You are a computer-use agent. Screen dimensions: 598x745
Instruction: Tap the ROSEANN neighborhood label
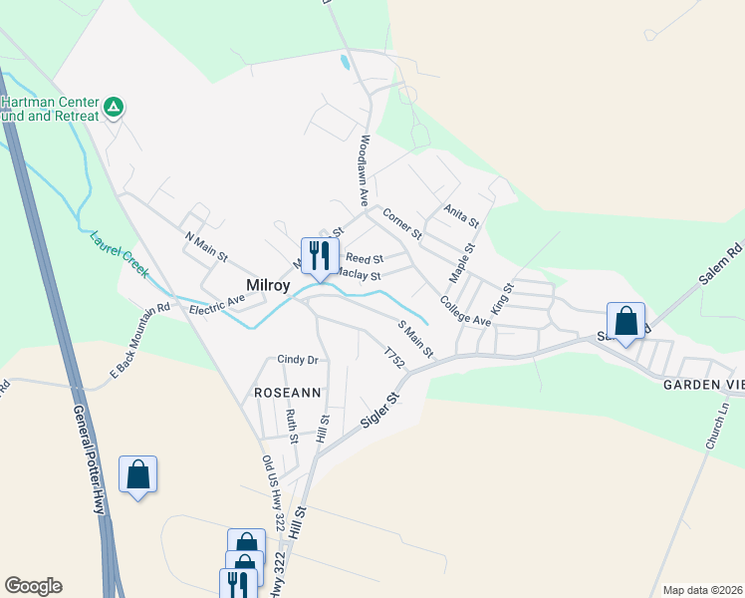288,393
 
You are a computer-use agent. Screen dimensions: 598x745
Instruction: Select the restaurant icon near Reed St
320,255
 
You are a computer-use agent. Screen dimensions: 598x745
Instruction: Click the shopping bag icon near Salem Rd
625,322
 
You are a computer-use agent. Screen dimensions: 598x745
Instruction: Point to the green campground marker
115,105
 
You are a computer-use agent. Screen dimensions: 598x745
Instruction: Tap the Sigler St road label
378,411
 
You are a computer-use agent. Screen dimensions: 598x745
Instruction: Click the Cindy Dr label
297,360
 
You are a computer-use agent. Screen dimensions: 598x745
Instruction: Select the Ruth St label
292,425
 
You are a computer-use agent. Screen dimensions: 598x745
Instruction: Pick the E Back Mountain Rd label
140,340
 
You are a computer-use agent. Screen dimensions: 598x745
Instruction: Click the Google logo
33,586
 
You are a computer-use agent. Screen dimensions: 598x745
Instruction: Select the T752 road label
394,357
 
